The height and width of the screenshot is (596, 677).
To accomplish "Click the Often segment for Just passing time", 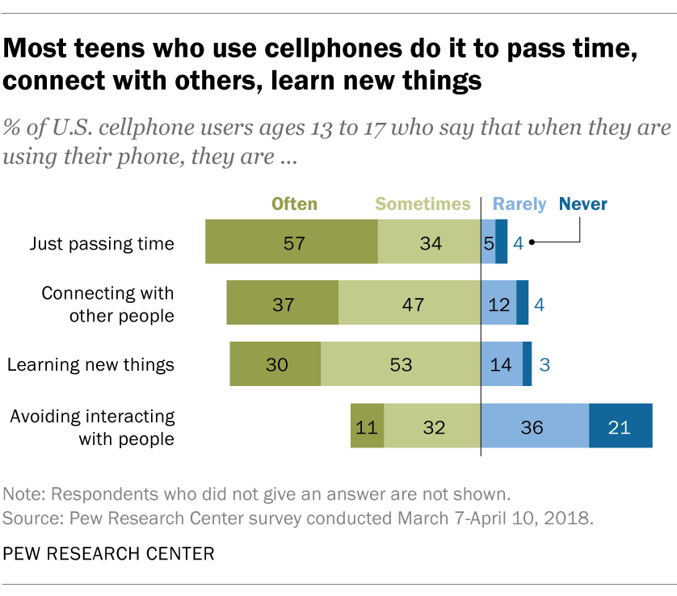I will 292,241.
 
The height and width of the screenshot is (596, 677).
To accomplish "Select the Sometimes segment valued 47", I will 410,303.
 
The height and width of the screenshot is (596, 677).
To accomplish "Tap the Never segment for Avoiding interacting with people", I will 620,426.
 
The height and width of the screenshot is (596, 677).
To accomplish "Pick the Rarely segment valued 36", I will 535,426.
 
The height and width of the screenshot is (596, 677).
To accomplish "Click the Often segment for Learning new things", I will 275,364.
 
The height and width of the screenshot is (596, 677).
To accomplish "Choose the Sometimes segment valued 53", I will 401,364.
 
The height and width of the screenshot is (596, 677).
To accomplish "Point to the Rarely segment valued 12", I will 498,303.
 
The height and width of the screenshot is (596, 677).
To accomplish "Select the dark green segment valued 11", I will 367,426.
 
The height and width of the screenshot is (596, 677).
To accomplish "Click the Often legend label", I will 294,204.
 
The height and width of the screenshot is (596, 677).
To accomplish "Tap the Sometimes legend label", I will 423,204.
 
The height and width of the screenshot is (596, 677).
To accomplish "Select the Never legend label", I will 582,204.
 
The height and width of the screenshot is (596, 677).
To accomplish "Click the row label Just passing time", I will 102,242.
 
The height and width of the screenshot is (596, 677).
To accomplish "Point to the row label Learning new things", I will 90,364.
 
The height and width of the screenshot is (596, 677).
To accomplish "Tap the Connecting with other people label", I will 108,304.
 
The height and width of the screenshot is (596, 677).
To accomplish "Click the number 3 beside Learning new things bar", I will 545,365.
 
